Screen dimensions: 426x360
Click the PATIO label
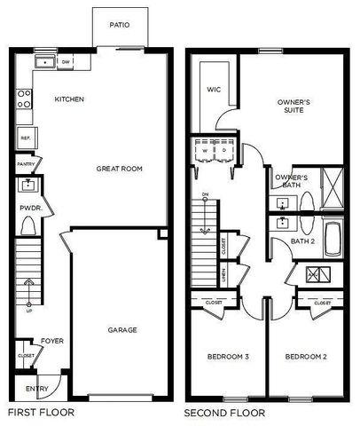pyautogui.click(x=120, y=25)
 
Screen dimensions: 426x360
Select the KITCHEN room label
pyautogui.click(x=69, y=99)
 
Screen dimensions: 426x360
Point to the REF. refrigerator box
pyautogui.click(x=26, y=138)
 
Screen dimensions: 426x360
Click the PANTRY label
pyautogui.click(x=26, y=164)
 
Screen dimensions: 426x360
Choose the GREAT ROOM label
pyautogui.click(x=120, y=168)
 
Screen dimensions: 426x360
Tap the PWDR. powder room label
pyautogui.click(x=26, y=209)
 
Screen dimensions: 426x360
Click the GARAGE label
pyautogui.click(x=122, y=330)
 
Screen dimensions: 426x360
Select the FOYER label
pyautogui.click(x=50, y=340)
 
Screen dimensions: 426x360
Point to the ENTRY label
pyautogui.click(x=37, y=388)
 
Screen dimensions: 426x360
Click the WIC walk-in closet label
pyautogui.click(x=213, y=90)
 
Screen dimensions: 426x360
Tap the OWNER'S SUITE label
pyautogui.click(x=293, y=106)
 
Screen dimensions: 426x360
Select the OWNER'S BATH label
pyautogui.click(x=292, y=182)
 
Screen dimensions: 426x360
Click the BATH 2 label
pyautogui.click(x=302, y=241)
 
